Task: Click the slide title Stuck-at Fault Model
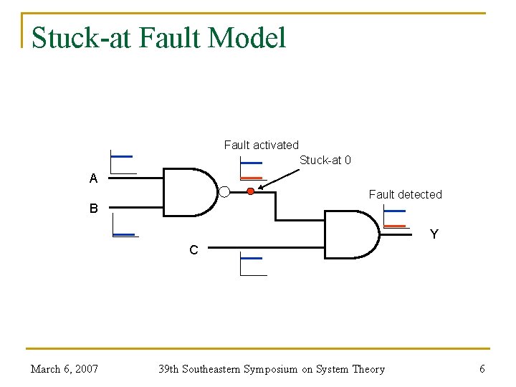158,37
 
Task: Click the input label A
93,179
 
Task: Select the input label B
93,209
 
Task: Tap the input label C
193,250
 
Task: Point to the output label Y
434,234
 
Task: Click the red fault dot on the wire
250,191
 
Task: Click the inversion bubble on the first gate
224,191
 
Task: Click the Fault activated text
261,145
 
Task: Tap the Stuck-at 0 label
325,160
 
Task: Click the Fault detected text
405,194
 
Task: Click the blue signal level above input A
122,156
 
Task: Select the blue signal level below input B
124,234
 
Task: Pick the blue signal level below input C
252,258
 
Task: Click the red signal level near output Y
394,226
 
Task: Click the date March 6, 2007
64,369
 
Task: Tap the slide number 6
482,369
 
